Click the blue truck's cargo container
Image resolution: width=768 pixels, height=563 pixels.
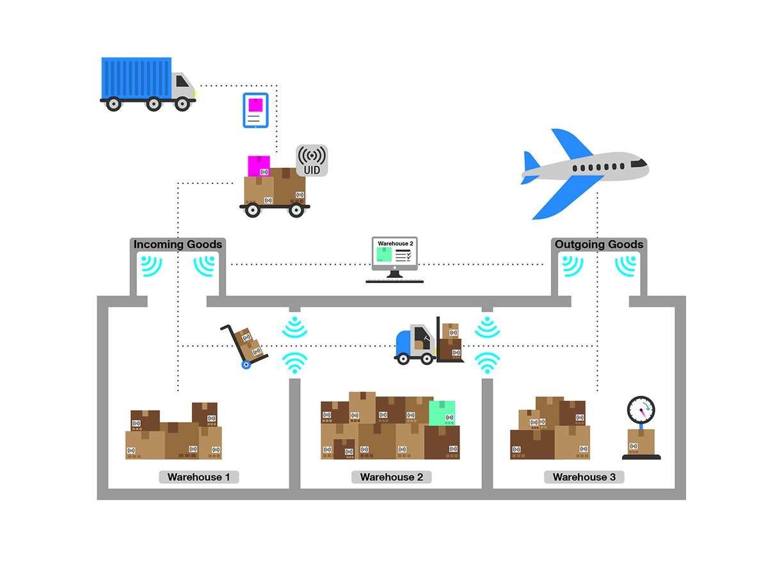pos(136,78)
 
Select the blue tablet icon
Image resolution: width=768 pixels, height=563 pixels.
pos(255,111)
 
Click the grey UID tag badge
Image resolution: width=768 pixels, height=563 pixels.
pos(312,160)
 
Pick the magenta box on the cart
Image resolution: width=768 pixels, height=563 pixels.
pos(259,166)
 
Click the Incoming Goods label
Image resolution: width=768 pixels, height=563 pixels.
pos(178,244)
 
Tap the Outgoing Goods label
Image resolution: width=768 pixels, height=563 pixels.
pos(599,244)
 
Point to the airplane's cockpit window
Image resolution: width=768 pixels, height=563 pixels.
pos(639,164)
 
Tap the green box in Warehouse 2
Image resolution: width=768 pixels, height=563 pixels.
pos(442,413)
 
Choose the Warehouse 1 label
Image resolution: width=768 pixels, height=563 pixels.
pos(198,477)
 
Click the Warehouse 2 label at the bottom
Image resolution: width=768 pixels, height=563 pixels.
pos(391,477)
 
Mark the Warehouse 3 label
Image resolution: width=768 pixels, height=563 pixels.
pos(584,477)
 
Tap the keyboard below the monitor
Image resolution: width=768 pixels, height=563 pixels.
pos(394,280)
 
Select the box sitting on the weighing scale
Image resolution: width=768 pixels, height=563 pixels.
pos(641,441)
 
